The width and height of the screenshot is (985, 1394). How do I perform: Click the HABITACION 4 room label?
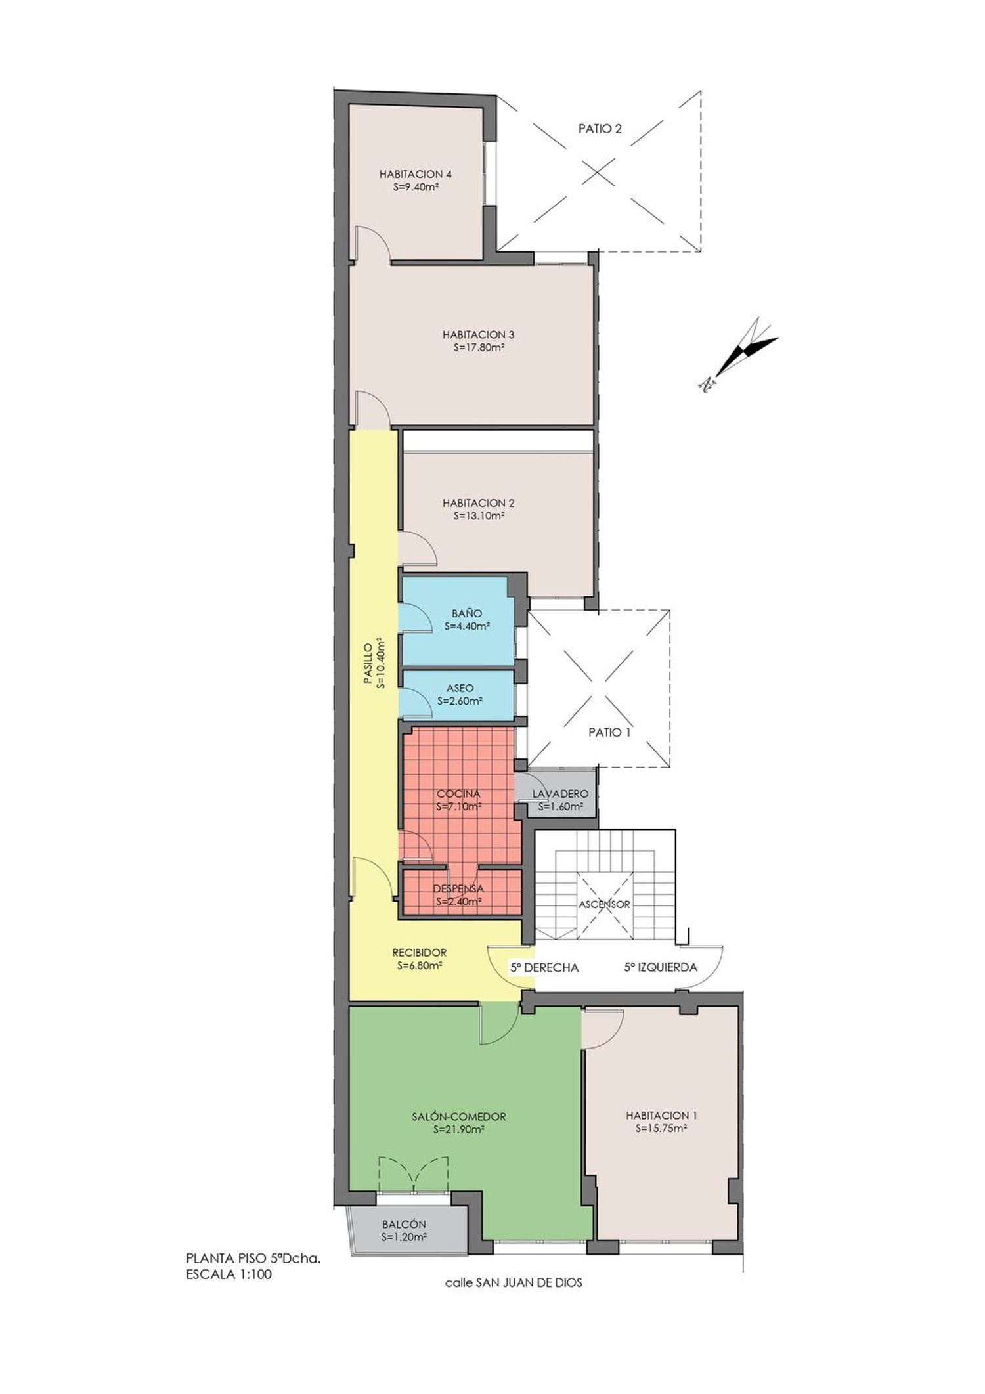click(415, 175)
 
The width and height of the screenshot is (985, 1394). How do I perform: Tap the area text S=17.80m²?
click(479, 348)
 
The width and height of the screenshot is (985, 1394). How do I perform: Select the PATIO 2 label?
click(600, 129)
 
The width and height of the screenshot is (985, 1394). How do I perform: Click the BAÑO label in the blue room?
click(467, 613)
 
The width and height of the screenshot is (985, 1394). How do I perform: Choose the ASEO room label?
click(460, 688)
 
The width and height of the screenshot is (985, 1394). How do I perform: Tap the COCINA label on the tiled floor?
click(458, 794)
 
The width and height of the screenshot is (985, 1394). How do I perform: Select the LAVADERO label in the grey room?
click(560, 794)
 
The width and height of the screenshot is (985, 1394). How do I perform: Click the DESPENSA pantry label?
click(458, 888)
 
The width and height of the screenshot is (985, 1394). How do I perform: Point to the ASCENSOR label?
click(604, 904)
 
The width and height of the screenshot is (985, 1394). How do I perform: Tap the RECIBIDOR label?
click(419, 953)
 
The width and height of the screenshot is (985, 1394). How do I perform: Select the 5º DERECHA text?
click(544, 967)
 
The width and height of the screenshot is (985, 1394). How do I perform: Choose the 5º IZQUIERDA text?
click(660, 967)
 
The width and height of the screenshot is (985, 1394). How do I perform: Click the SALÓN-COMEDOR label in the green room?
click(459, 1116)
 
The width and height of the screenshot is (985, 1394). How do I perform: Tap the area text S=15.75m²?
click(661, 1129)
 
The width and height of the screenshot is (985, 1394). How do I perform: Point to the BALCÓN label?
click(404, 1225)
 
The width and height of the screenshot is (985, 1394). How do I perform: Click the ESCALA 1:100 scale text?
click(229, 1274)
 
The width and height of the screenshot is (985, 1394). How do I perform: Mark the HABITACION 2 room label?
click(478, 503)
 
